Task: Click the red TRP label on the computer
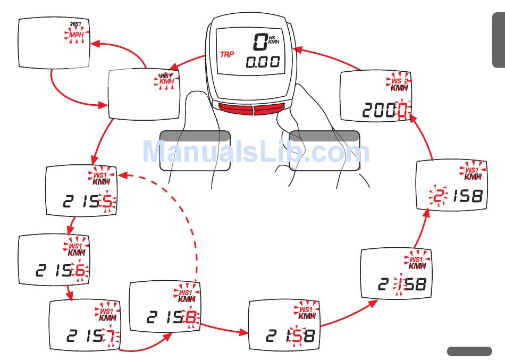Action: (x=227, y=54)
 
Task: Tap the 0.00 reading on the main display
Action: (x=263, y=62)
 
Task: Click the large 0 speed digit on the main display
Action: (x=259, y=42)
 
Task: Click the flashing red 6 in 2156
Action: (x=79, y=271)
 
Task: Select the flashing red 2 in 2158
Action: (x=439, y=197)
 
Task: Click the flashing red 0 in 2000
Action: (x=405, y=111)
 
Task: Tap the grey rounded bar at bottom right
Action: (x=469, y=351)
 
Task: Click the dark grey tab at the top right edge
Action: (x=498, y=40)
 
